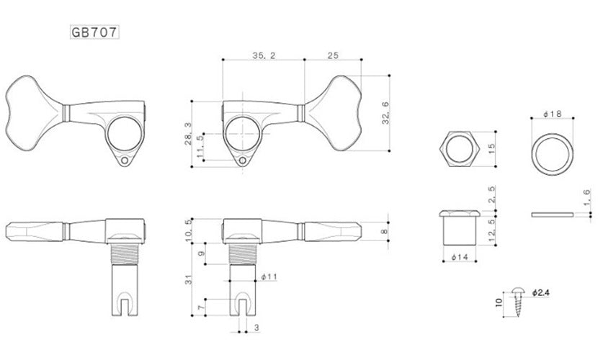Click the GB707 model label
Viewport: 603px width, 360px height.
pos(94,32)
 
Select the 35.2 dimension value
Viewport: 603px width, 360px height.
pos(264,55)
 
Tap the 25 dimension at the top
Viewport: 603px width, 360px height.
pos(333,55)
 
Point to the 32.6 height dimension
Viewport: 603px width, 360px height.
pos(385,113)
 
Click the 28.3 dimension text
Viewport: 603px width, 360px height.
pos(188,134)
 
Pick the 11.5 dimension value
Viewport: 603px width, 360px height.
pos(200,146)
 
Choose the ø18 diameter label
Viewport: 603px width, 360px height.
pos(553,114)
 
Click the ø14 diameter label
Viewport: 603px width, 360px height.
pos(460,257)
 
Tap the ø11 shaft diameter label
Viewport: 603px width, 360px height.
pos(269,276)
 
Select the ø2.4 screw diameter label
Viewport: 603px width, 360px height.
pos(541,293)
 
